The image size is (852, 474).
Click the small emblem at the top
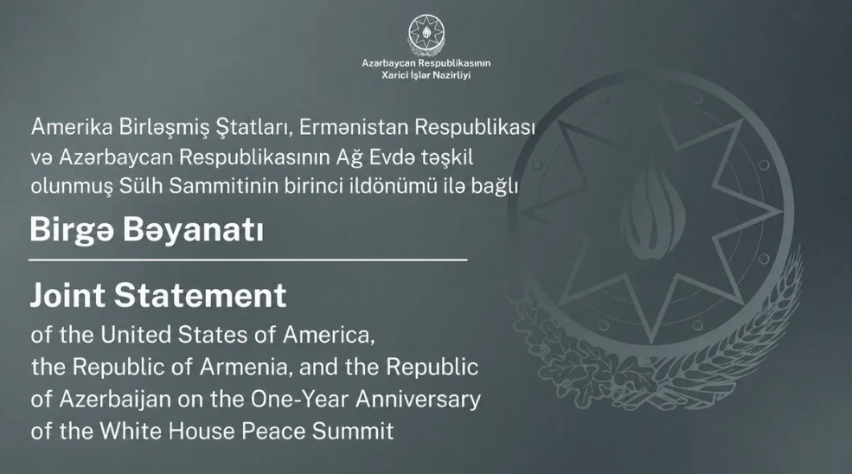click(426, 35)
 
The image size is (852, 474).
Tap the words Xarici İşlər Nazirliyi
click(426, 75)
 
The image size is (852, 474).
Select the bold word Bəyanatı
click(194, 231)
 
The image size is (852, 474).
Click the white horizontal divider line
click(247, 259)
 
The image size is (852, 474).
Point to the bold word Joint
click(67, 296)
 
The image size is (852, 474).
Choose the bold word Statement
click(200, 296)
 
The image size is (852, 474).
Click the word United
click(136, 335)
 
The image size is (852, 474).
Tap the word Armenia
click(247, 368)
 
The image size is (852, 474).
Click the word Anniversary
click(419, 400)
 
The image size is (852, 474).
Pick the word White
click(131, 432)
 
